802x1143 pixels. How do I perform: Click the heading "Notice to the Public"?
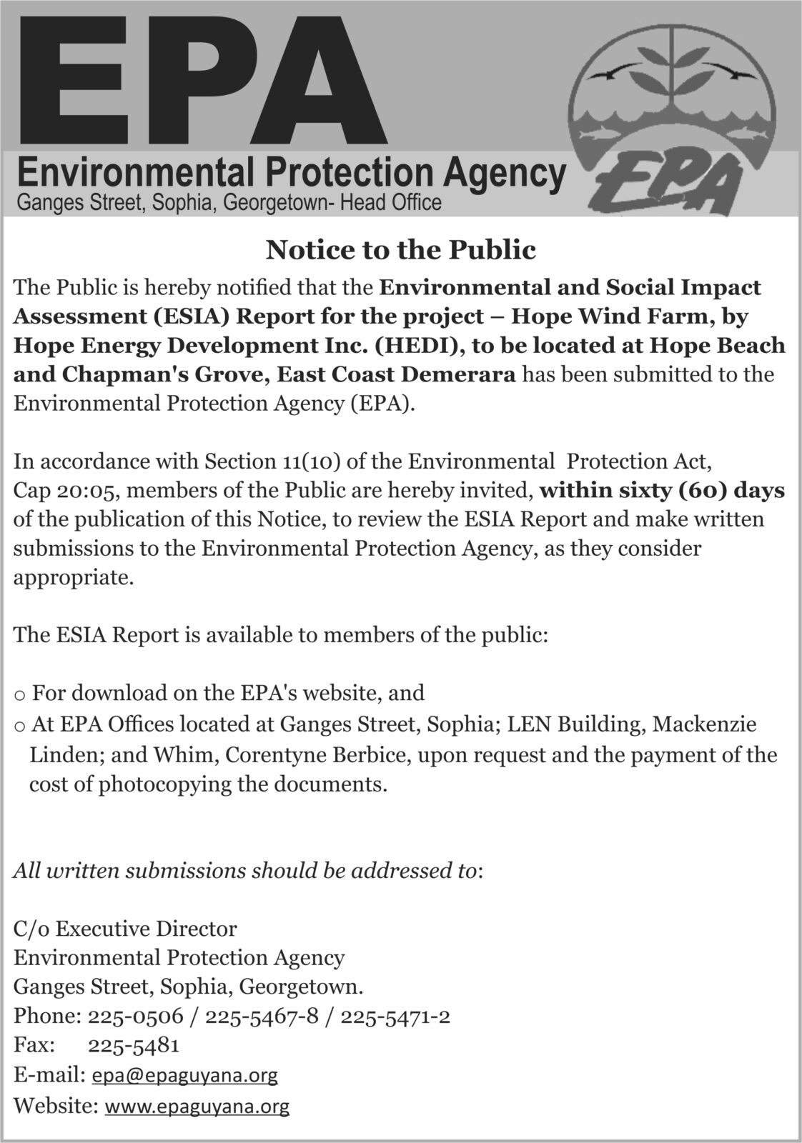click(400, 250)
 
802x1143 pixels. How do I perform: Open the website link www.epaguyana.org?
click(197, 1107)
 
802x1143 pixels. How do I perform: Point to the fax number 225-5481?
click(133, 1045)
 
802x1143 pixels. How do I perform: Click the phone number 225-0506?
click(135, 1016)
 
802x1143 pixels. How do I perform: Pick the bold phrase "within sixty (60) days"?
click(663, 491)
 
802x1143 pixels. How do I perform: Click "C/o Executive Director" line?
click(125, 929)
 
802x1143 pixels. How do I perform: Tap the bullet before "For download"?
click(20, 694)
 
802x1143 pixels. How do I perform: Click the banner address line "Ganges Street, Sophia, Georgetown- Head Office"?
click(229, 203)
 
